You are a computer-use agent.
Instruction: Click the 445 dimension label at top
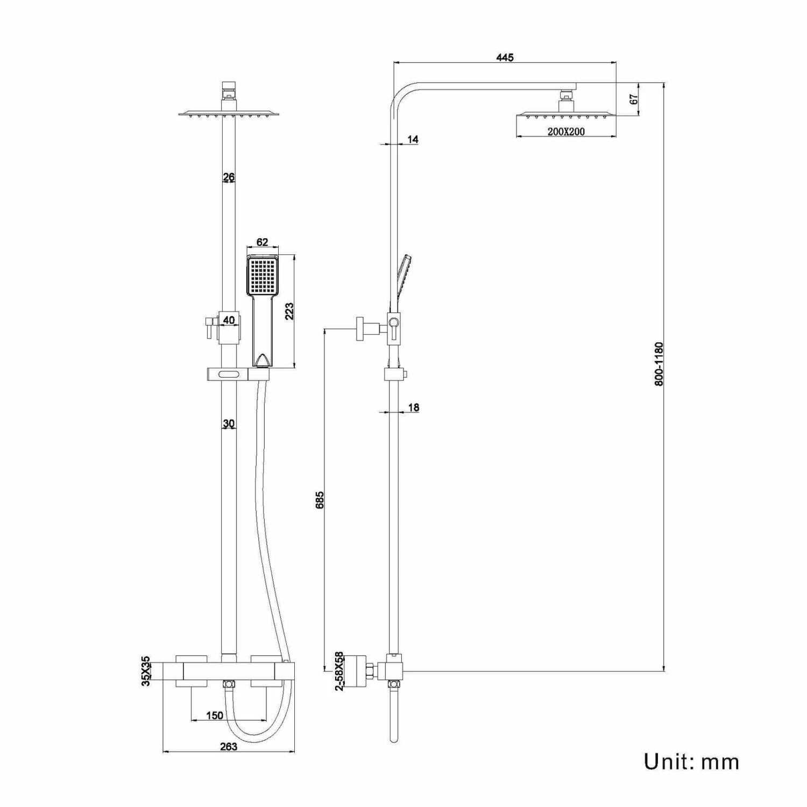click(x=505, y=58)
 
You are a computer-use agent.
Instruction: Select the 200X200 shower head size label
click(x=566, y=131)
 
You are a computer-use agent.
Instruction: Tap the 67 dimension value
click(x=633, y=99)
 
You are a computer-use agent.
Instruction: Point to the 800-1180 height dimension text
click(x=660, y=364)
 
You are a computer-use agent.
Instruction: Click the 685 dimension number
click(x=320, y=500)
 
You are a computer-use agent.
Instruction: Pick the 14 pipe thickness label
click(x=413, y=139)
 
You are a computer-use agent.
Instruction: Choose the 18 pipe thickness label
click(x=413, y=407)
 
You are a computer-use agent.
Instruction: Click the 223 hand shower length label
click(x=289, y=311)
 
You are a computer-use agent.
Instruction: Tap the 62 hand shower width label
click(x=262, y=243)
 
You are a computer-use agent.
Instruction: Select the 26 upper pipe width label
click(x=229, y=177)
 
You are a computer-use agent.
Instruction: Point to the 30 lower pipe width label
click(x=229, y=424)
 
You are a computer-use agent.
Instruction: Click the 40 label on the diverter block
click(x=229, y=320)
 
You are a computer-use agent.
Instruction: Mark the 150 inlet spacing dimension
click(x=215, y=716)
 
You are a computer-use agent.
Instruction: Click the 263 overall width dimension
click(x=228, y=746)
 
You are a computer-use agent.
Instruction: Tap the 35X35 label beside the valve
click(x=146, y=670)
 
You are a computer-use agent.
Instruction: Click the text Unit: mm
click(x=691, y=761)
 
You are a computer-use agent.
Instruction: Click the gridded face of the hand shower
click(x=263, y=275)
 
